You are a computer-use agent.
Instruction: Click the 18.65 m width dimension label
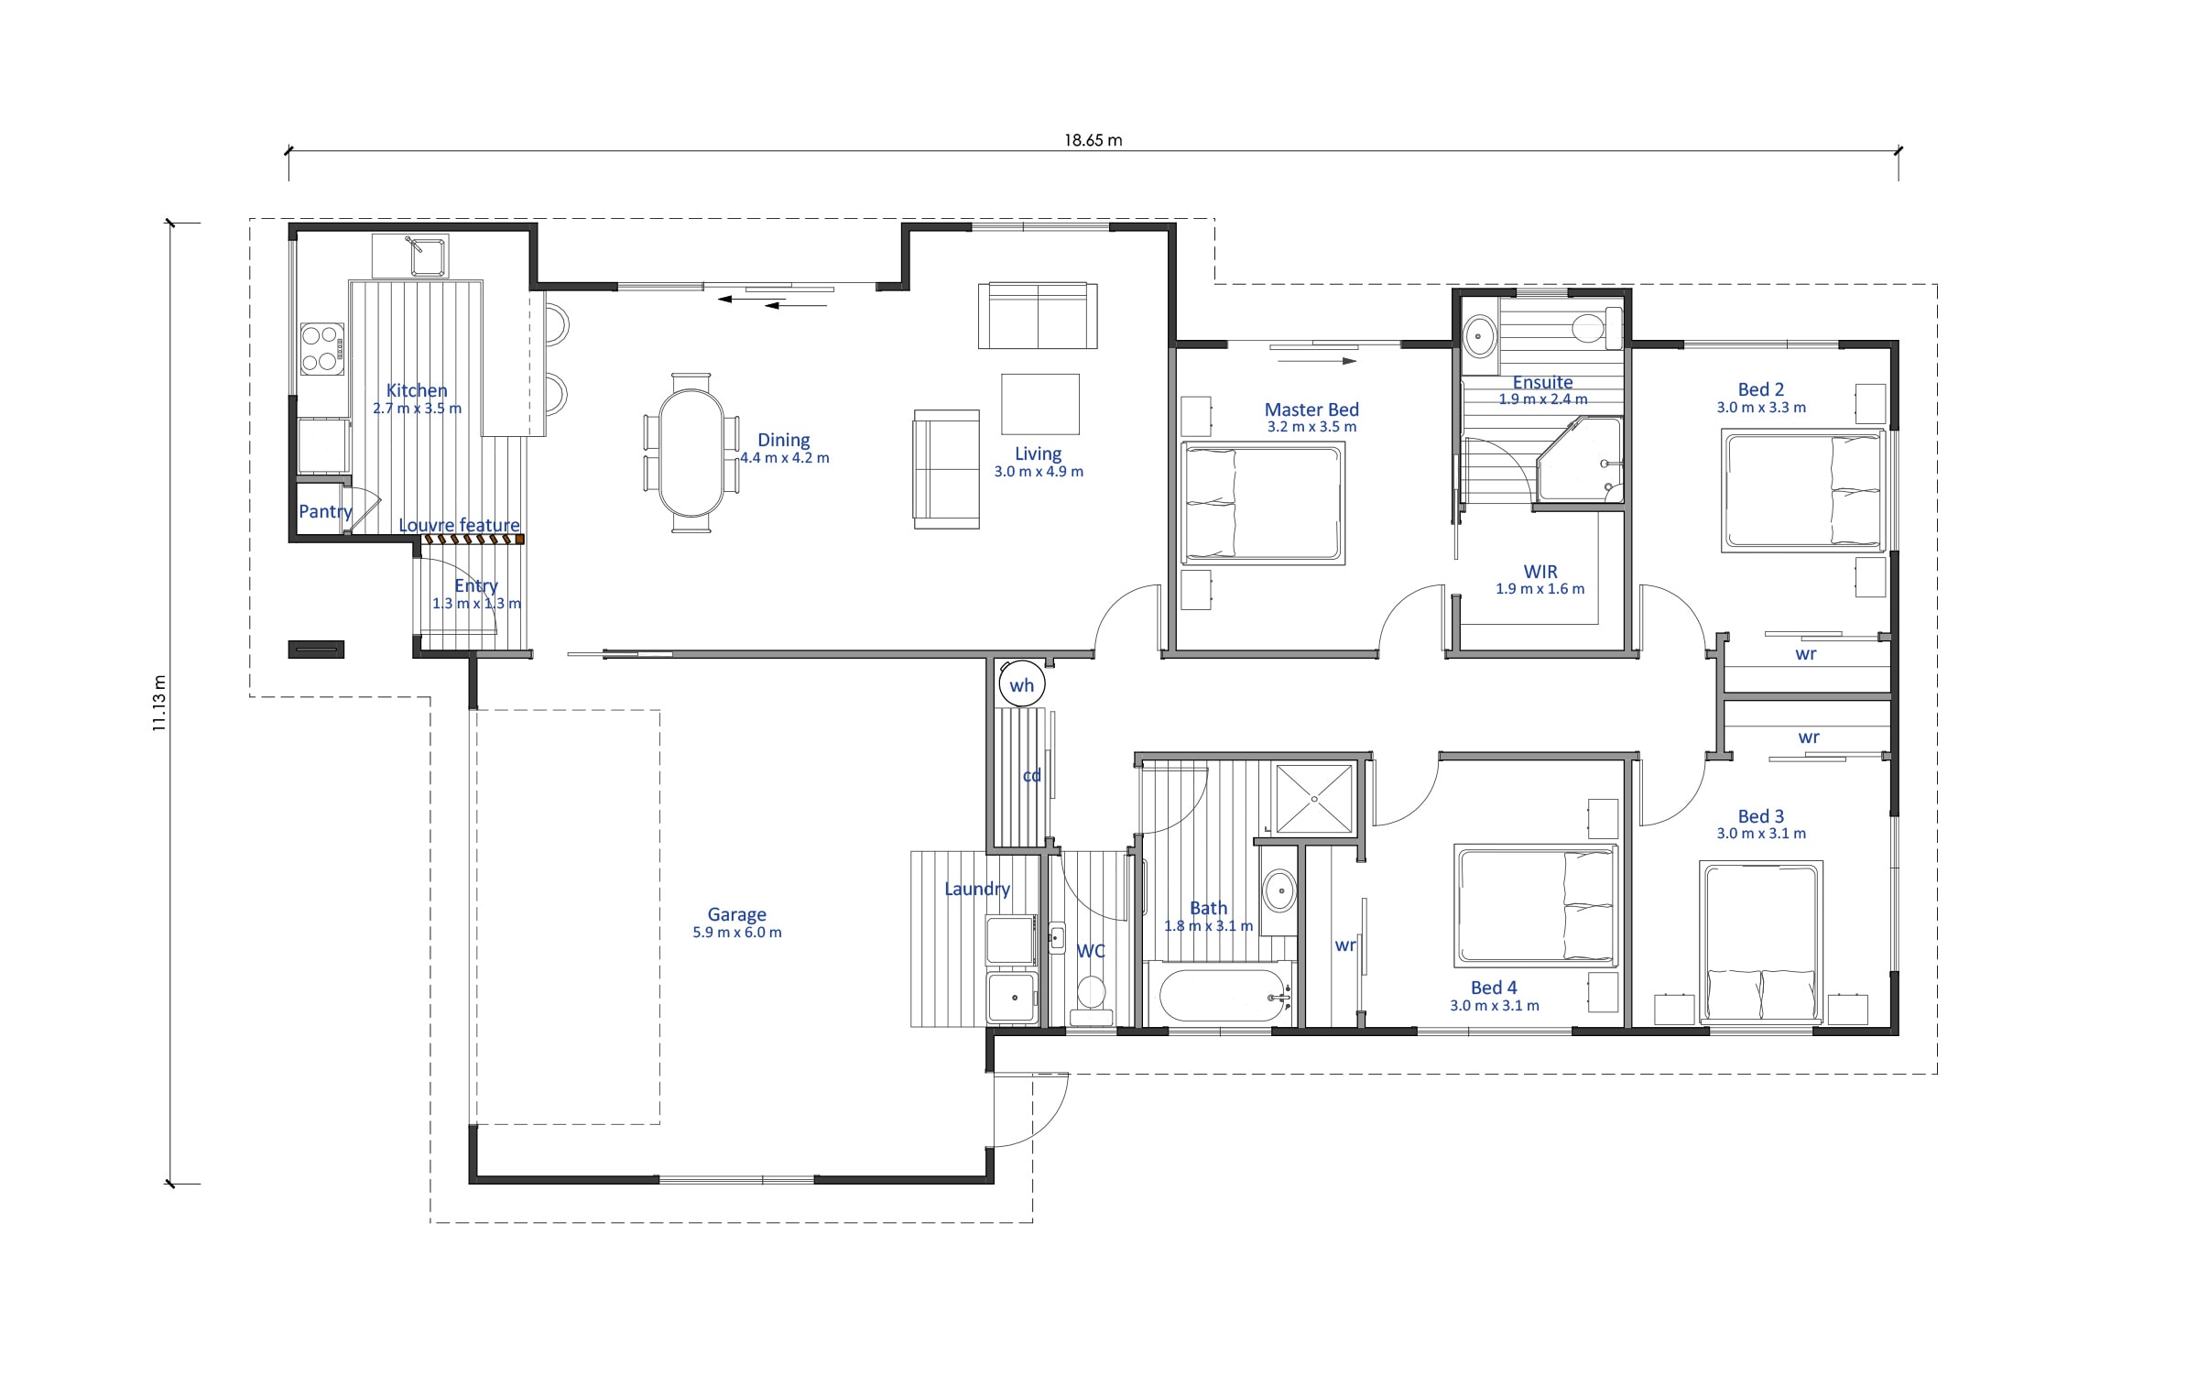click(x=1093, y=140)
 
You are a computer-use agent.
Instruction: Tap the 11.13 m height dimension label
click(x=159, y=703)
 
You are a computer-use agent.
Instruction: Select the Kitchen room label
click(x=417, y=390)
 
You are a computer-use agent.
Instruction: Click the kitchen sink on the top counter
click(x=428, y=256)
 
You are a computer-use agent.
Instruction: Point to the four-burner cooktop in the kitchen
click(x=322, y=349)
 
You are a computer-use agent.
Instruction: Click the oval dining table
click(x=691, y=453)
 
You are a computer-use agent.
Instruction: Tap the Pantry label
click(x=325, y=511)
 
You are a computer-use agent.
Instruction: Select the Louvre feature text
click(x=459, y=525)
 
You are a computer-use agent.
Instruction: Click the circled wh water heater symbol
click(x=1021, y=684)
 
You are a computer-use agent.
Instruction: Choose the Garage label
click(x=736, y=914)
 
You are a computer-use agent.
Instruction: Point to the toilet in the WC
click(x=1091, y=999)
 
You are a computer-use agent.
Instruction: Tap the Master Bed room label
click(x=1311, y=410)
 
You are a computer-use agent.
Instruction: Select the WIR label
click(x=1540, y=572)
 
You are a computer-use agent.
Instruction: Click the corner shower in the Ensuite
click(x=1580, y=460)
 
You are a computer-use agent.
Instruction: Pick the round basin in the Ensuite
click(x=1478, y=336)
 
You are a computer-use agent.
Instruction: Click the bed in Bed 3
click(x=1761, y=941)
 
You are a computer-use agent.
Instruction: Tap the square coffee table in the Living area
click(x=1039, y=404)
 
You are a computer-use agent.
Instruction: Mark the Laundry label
click(x=977, y=889)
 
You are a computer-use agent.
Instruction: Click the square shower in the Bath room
click(x=1314, y=799)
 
